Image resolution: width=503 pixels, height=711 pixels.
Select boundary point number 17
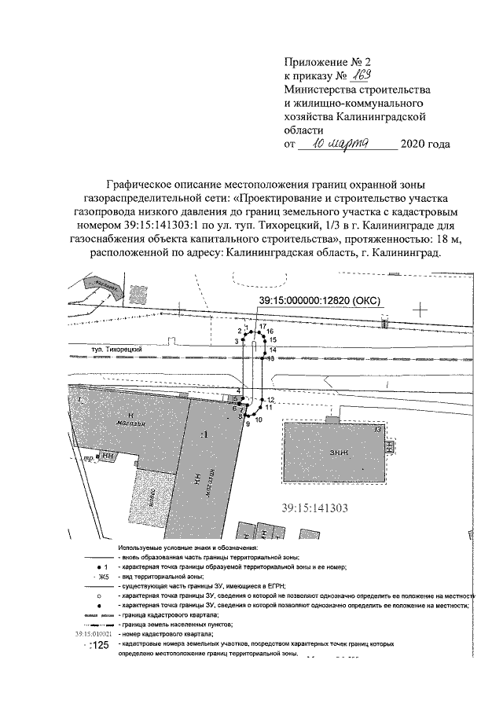point(263,325)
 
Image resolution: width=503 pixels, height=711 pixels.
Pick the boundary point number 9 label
point(247,424)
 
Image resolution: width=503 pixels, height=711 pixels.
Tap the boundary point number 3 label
point(235,341)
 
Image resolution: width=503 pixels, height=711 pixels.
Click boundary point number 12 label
point(270,400)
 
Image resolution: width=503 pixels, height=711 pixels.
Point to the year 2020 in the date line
point(414,145)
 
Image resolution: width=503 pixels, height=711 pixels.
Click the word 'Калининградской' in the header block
point(381,116)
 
